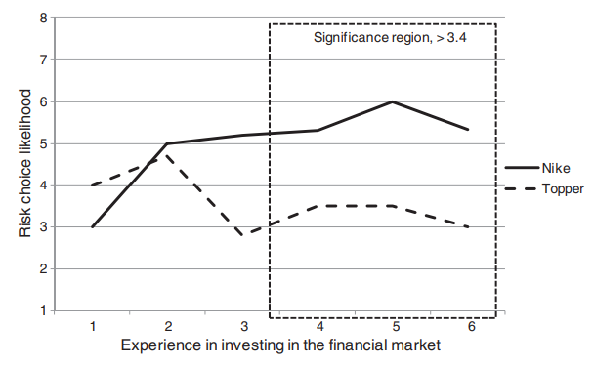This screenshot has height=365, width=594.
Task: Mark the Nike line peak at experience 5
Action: [392, 101]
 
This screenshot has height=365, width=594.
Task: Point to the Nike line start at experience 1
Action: [92, 226]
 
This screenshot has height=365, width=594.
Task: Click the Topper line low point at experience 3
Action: [241, 235]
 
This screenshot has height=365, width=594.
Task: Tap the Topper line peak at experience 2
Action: [164, 155]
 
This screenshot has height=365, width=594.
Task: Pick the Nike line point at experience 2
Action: [167, 143]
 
